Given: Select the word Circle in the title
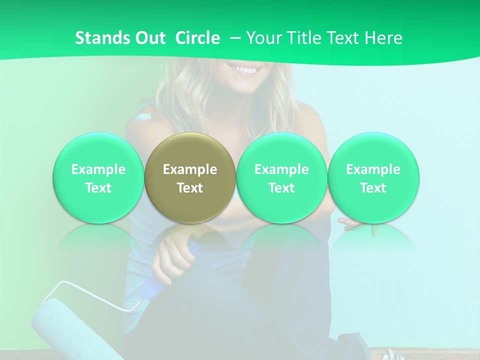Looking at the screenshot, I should [197, 38].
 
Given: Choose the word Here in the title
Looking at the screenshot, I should [384, 38].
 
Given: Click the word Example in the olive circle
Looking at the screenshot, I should [190, 169].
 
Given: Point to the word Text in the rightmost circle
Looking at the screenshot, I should [373, 188].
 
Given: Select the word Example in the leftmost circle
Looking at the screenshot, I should [98, 169].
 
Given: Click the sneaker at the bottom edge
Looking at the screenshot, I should [395, 355].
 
